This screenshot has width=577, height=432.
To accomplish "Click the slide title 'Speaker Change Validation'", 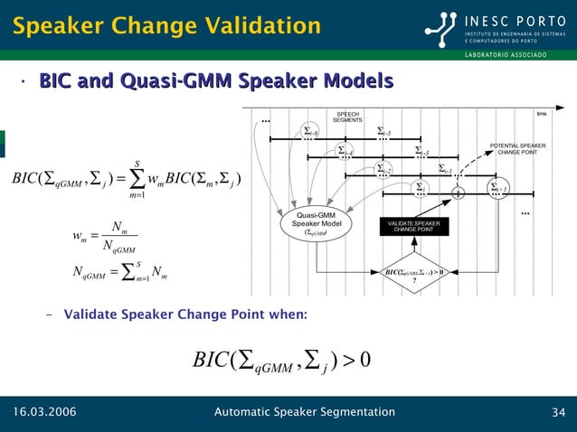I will click(166, 25).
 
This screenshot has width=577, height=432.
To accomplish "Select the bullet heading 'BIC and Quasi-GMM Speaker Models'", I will click(215, 82).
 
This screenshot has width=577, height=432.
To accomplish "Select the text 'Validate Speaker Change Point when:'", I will click(184, 314).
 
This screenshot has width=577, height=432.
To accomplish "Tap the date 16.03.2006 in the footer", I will click(44, 413).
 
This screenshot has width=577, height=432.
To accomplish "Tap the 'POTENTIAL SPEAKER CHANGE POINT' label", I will click(517, 148).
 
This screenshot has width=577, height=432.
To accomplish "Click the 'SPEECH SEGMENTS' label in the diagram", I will click(347, 117).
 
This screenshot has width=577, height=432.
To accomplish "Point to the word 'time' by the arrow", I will click(542, 114).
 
